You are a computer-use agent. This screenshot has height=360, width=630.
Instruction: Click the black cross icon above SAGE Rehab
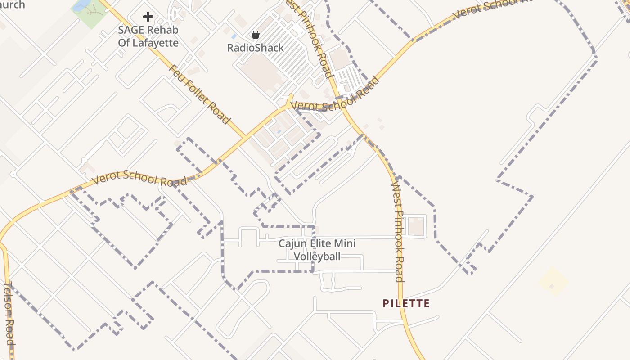[x=148, y=17]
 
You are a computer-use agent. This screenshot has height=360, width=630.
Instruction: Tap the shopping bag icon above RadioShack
[x=255, y=35]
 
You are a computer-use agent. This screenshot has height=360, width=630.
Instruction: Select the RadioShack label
[x=255, y=48]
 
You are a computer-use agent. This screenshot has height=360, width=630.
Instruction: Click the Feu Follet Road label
[x=200, y=94]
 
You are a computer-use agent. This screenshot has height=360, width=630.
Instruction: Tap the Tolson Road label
[x=9, y=314]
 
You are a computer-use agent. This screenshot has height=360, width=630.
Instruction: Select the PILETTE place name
[x=406, y=304]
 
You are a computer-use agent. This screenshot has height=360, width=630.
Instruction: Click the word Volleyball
[x=317, y=256]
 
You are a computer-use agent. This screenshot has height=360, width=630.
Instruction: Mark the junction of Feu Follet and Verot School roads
[x=245, y=136]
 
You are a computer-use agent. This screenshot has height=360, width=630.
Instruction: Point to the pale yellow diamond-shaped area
[x=553, y=282]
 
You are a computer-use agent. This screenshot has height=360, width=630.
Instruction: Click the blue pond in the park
[x=81, y=5]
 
